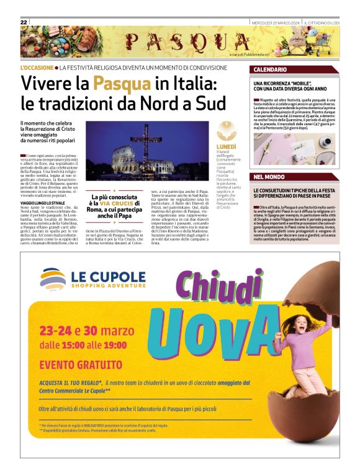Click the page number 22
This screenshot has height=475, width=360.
[x=24, y=22]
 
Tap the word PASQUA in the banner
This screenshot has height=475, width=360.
[x=177, y=42]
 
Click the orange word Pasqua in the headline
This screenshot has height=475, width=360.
[x=122, y=83]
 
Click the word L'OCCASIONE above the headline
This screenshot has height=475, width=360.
[x=37, y=67]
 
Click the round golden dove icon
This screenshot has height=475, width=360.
[x=226, y=131]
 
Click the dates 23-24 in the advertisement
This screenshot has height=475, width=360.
[x=57, y=330]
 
